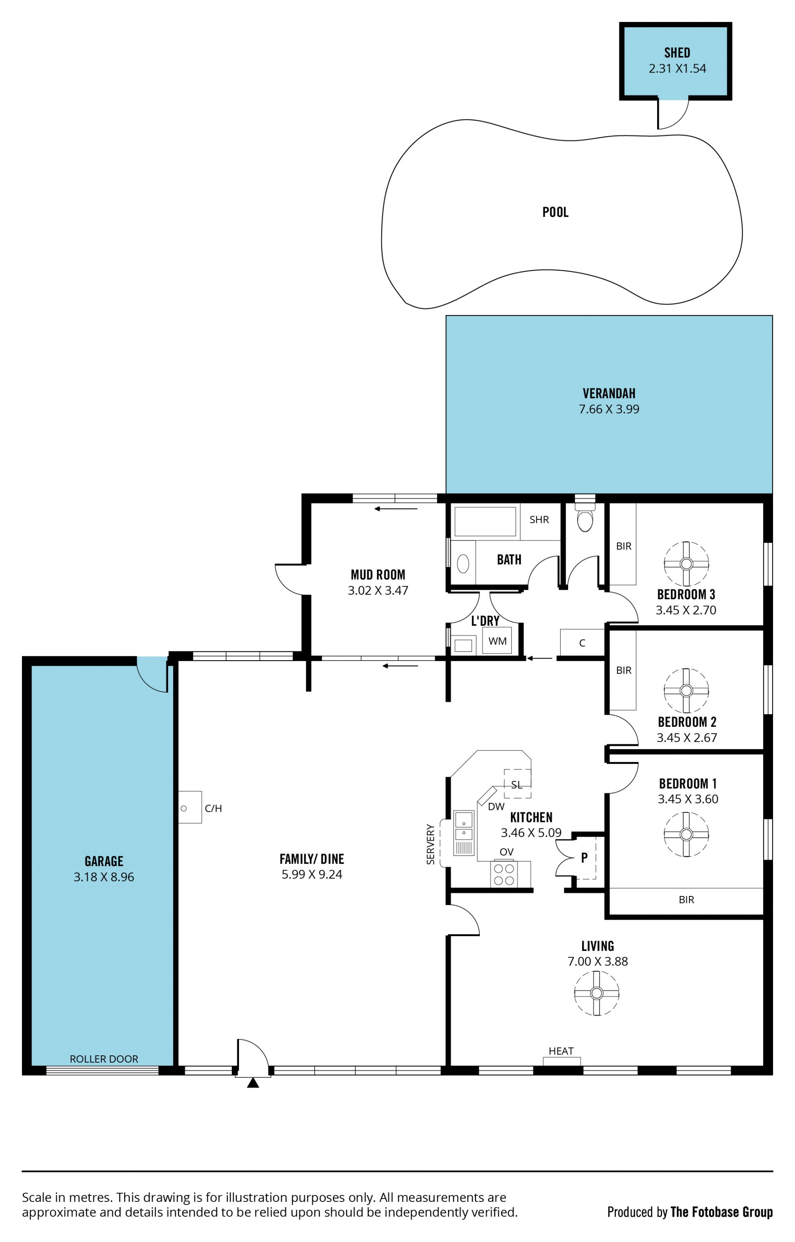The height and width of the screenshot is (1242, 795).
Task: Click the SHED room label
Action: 677,53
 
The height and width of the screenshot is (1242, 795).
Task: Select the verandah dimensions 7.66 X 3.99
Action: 609,409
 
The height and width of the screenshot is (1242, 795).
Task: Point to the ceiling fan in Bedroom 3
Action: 686,563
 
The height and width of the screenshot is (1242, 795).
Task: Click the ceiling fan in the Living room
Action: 596,993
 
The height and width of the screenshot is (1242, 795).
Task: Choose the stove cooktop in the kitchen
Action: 505,874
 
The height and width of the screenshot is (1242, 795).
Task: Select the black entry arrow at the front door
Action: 253,1083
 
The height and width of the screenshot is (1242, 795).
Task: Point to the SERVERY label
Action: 431,844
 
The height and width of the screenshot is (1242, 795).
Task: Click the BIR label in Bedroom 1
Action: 686,900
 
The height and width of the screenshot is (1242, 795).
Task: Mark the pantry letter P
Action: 584,858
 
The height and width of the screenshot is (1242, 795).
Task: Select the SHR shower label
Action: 539,520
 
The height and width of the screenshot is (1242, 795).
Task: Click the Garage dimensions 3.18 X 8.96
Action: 104,877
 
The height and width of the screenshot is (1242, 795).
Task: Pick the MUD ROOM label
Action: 378,575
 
